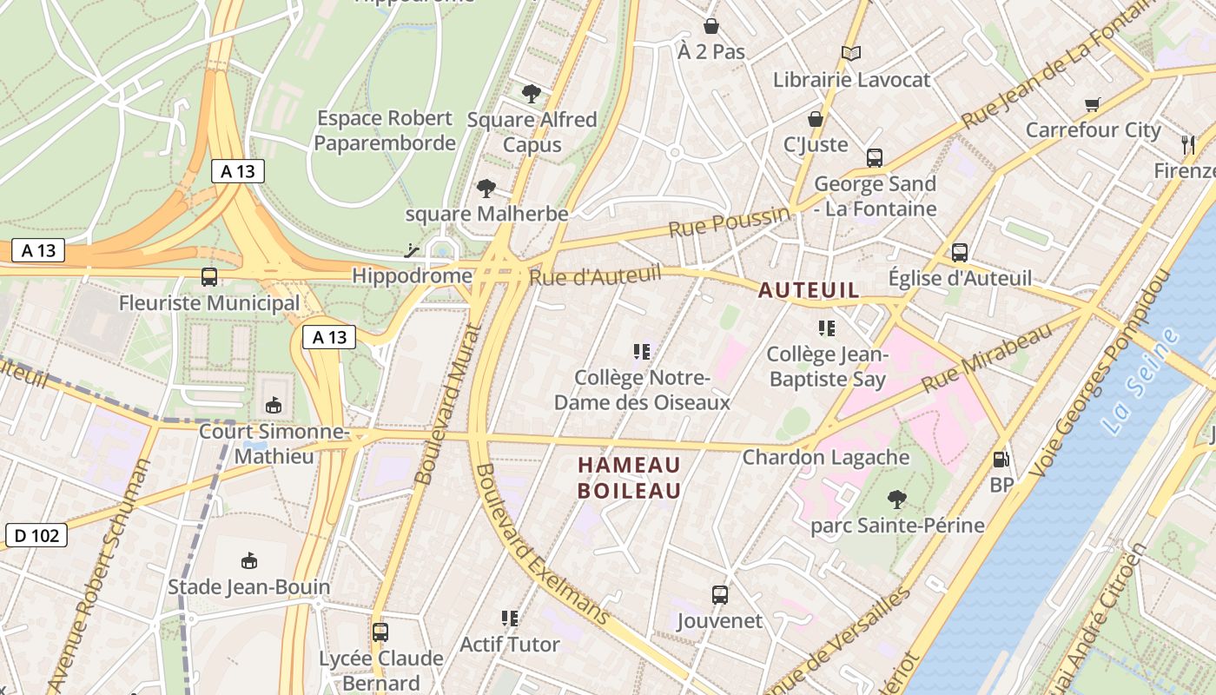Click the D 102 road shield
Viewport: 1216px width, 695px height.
coord(36,535)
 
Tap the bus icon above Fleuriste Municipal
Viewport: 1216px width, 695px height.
coord(209,277)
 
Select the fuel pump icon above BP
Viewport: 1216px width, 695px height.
coord(1001,460)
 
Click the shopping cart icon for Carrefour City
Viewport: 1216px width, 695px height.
coord(1093,104)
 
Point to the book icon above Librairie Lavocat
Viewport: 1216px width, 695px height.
coord(851,54)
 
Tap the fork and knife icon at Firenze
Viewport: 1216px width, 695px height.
coord(1188,144)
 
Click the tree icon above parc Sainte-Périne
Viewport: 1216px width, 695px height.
coord(897,500)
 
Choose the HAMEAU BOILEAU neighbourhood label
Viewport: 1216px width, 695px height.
coord(630,478)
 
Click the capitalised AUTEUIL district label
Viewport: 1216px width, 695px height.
coord(809,290)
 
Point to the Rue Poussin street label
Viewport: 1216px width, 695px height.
coord(730,222)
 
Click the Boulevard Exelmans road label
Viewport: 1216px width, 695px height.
coord(542,544)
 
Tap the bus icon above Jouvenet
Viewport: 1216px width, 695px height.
coord(719,595)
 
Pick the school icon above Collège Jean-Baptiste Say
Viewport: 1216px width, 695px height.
coord(826,328)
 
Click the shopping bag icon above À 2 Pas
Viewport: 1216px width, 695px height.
coord(711,26)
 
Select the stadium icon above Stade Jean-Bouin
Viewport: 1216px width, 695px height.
coord(249,560)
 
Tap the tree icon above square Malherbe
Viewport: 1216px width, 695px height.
coord(486,188)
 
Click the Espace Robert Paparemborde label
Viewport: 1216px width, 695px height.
coord(385,130)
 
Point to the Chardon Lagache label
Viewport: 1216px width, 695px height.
coord(826,457)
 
